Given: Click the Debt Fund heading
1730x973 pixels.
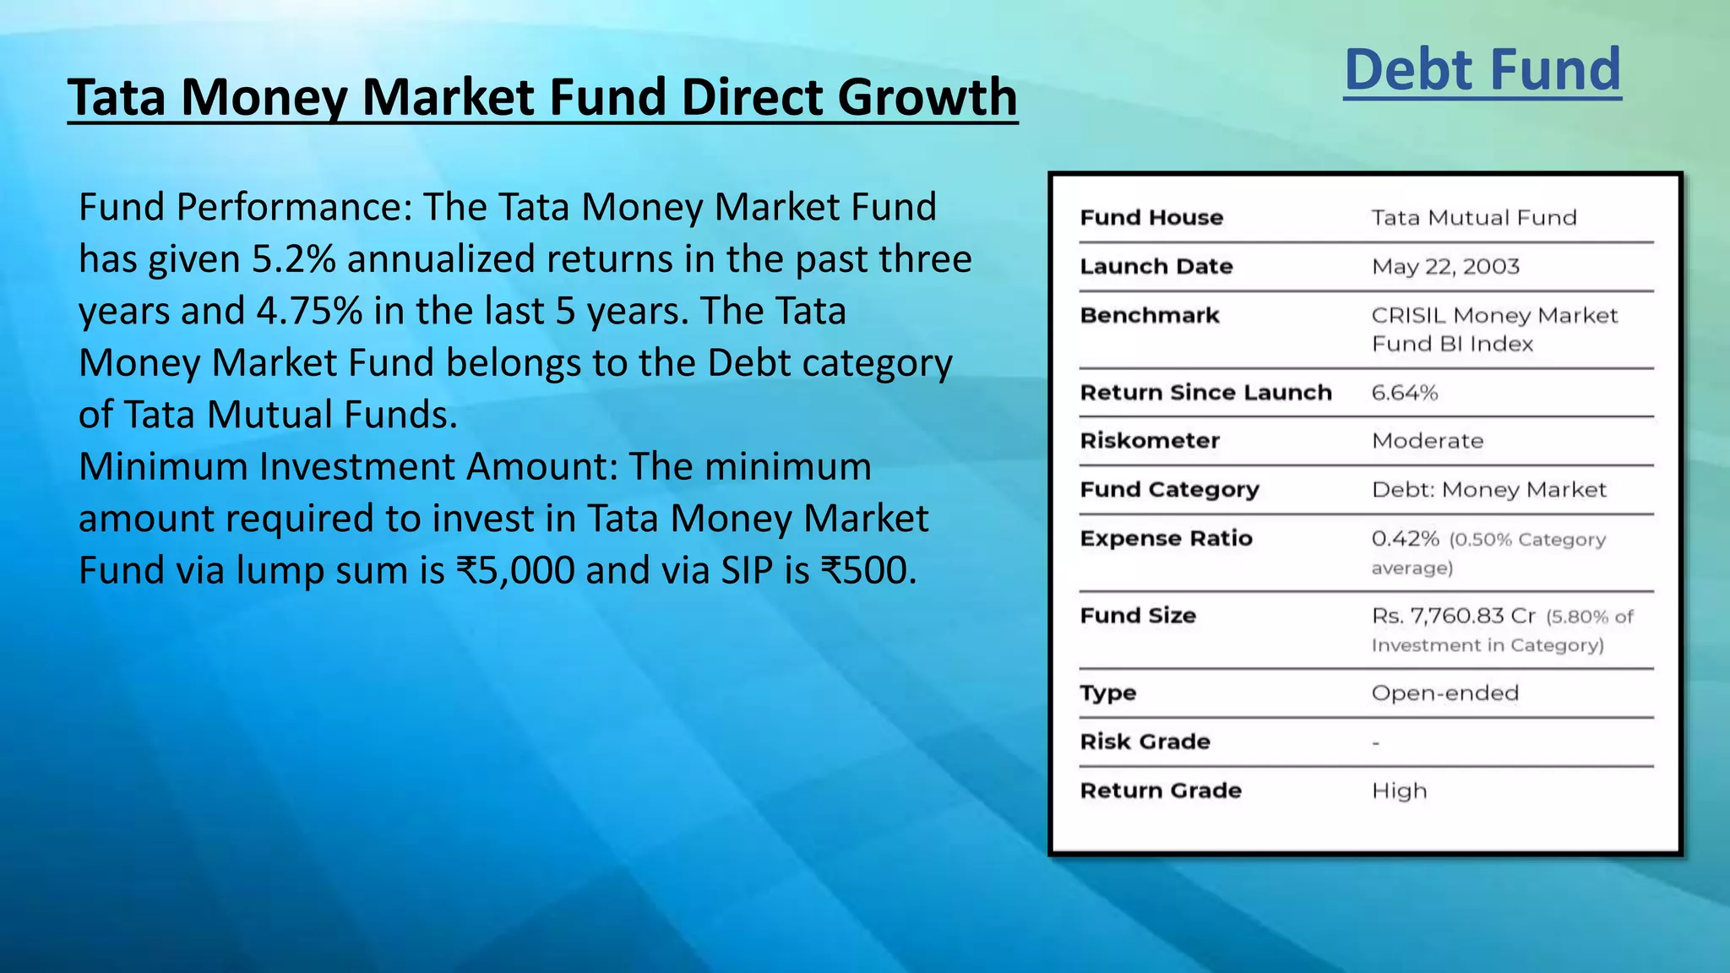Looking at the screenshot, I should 1482,70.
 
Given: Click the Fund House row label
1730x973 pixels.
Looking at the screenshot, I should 1151,218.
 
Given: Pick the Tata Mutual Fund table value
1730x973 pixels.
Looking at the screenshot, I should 1473,218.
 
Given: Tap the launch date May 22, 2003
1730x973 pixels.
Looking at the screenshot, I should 1444,267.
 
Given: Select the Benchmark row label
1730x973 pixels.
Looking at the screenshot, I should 1150,316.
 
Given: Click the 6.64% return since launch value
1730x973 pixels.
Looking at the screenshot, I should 1404,393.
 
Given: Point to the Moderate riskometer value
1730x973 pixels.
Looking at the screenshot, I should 1427,441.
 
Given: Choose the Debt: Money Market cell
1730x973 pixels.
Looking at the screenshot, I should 1488,490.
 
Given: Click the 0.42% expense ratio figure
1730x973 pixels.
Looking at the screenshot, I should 1405,539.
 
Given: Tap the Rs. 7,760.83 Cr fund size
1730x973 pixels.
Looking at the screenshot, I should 1453,616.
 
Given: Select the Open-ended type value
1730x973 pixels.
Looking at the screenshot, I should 1444,693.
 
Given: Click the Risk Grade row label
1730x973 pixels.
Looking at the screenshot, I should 1145,742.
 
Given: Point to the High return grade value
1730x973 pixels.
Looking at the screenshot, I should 1399,791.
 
